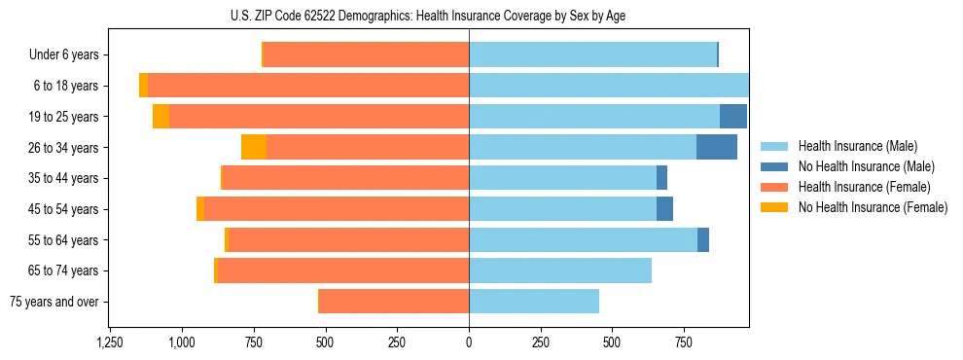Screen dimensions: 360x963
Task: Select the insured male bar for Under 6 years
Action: [x=592, y=55]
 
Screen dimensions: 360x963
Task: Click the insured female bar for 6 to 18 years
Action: [x=308, y=86]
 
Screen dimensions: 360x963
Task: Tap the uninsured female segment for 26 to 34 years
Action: [x=254, y=147]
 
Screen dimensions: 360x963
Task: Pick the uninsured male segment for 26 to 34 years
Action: [x=717, y=147]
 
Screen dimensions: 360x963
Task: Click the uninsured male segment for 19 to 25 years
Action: [x=733, y=117]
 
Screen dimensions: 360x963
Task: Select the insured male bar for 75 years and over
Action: [x=534, y=302]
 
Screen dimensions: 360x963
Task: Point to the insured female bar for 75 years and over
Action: [x=394, y=302]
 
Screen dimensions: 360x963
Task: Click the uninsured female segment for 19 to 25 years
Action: [x=160, y=117]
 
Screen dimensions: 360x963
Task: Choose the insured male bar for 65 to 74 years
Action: [x=560, y=270]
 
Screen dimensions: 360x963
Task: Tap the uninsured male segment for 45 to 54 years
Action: [x=664, y=209]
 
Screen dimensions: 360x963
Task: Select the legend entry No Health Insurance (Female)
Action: [x=873, y=207]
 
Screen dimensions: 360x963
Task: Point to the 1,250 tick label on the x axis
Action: [x=110, y=343]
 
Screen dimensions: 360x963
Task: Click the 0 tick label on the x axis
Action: [x=469, y=343]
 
